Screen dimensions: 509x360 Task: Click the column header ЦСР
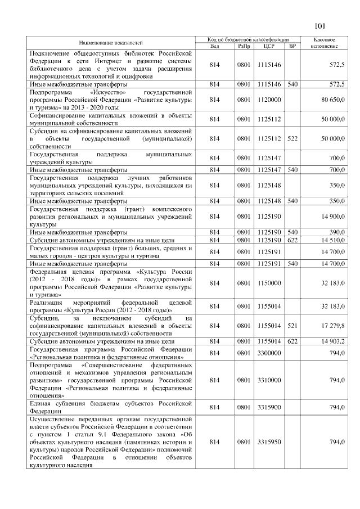(x=268, y=46)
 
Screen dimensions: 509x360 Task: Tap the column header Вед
(x=214, y=46)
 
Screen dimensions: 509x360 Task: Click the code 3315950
(x=268, y=443)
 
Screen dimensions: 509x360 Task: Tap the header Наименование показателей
(x=110, y=43)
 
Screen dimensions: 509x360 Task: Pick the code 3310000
(x=268, y=380)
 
